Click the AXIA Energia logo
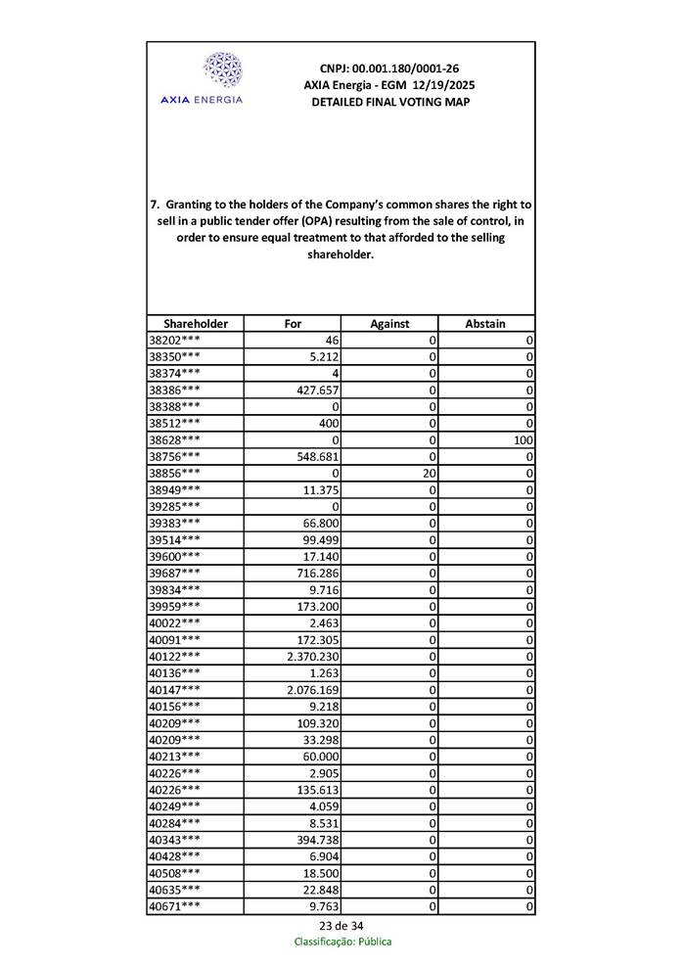point(221,77)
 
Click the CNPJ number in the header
point(389,69)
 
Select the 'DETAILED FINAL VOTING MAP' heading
point(389,102)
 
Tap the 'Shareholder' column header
point(196,323)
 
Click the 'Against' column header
point(389,323)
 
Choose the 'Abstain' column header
point(485,323)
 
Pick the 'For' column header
point(293,323)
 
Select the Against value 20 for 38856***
point(427,473)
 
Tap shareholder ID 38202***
point(175,340)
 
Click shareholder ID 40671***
point(175,906)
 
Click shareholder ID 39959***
point(175,606)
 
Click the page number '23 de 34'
point(341,925)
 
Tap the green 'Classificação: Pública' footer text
point(342,942)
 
